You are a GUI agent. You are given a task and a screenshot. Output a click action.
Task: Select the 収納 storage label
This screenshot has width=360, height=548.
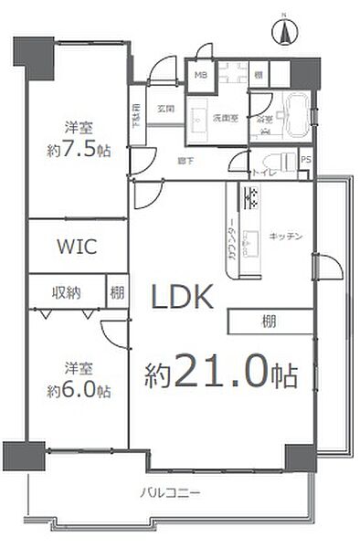(x=66, y=292)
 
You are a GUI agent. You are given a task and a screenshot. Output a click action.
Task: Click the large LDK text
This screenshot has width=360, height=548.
(x=182, y=297)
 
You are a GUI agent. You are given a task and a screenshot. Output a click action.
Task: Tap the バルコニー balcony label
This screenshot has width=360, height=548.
(x=170, y=493)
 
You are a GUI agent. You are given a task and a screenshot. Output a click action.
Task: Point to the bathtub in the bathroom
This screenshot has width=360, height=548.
(x=294, y=114)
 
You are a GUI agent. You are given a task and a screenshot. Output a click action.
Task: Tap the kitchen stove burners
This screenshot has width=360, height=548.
(x=250, y=195)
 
